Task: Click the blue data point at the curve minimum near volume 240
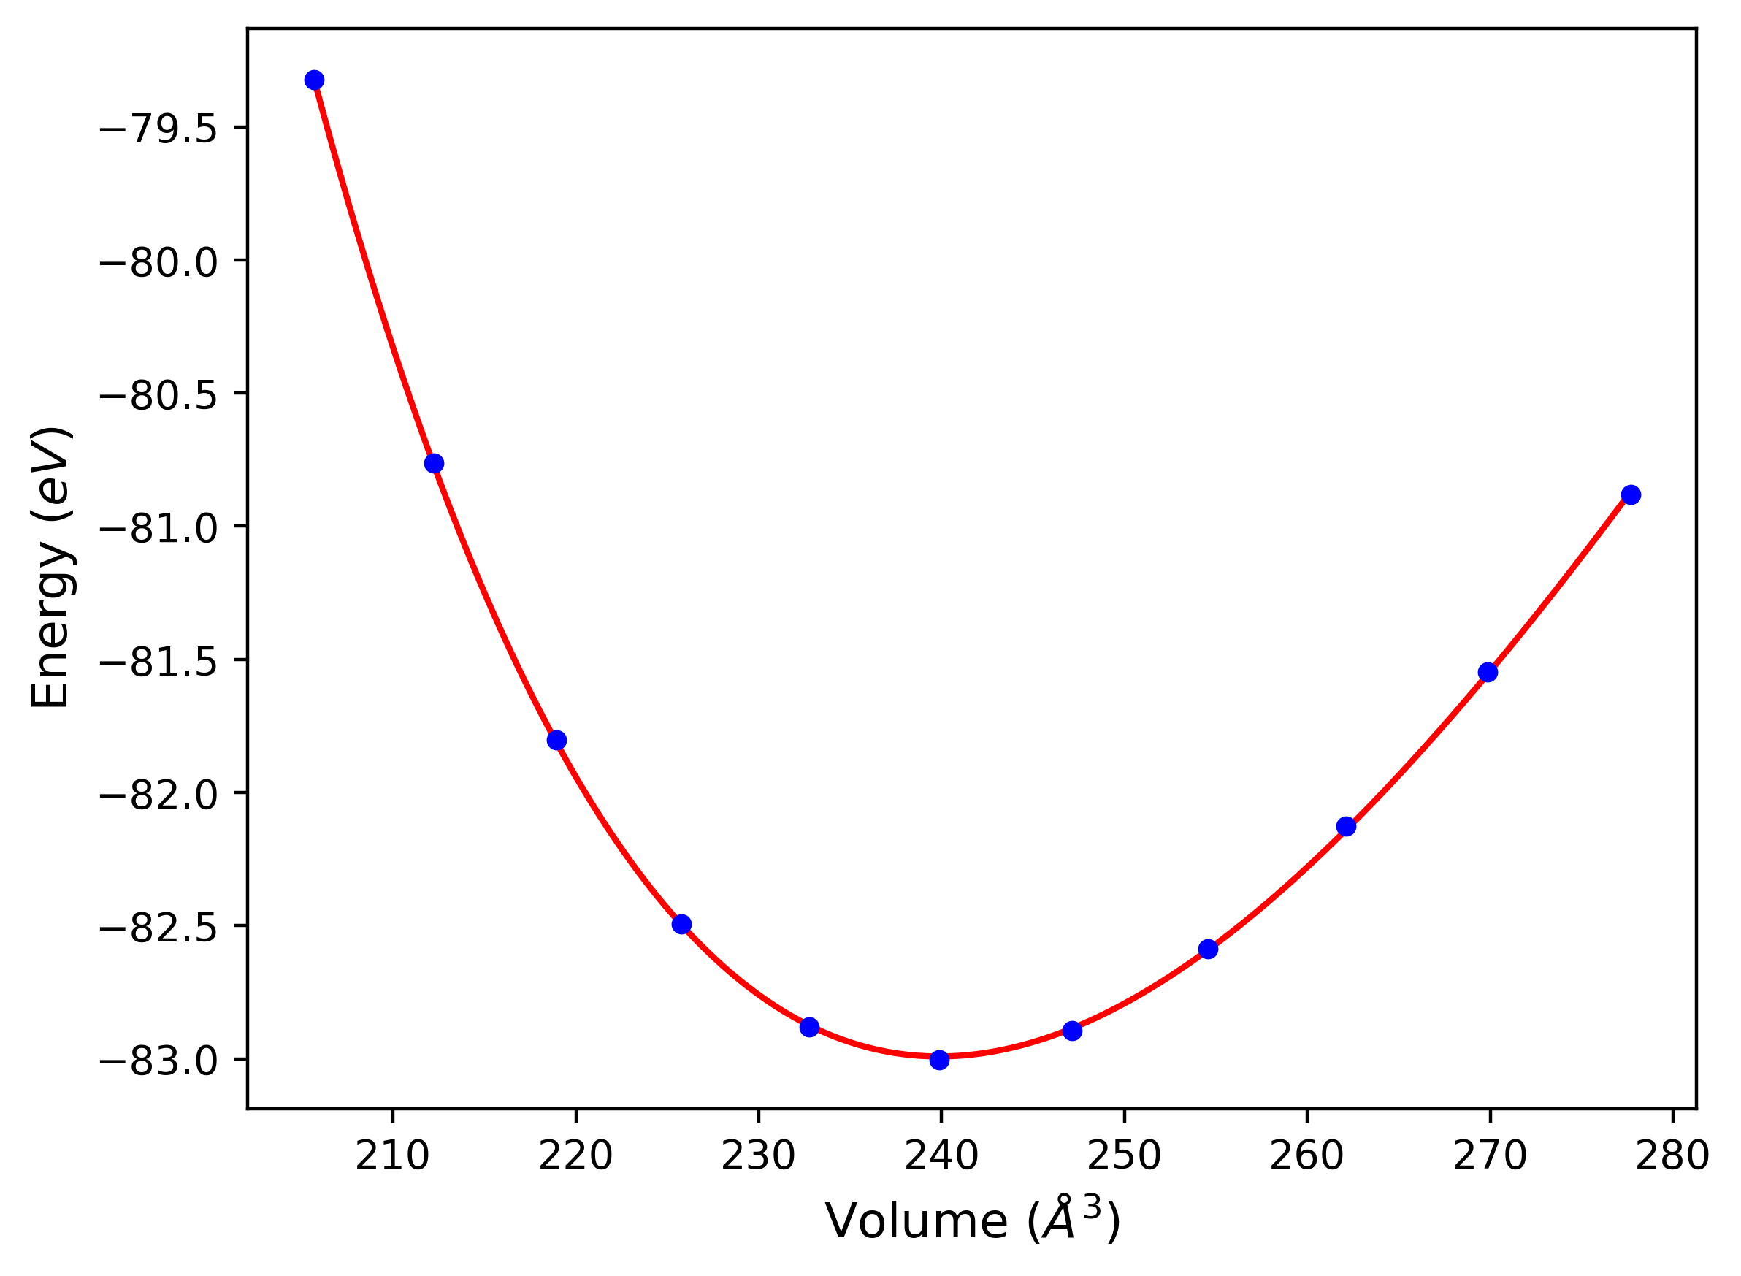tap(939, 1060)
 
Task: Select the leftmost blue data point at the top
tap(314, 80)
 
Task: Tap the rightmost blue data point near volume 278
tap(1631, 495)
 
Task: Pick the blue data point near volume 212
tap(434, 464)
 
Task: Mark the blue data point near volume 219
tap(556, 740)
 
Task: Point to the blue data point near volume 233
tap(809, 1027)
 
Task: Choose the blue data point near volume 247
tap(1072, 1031)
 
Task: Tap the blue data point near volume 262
tap(1347, 827)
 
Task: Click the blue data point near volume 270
tap(1488, 672)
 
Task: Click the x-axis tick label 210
tap(392, 1157)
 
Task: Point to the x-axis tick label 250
tap(1124, 1157)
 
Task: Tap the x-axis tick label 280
tap(1672, 1157)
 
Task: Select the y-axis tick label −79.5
tap(158, 130)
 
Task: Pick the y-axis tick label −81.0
tap(158, 529)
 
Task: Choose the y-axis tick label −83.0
tap(158, 1062)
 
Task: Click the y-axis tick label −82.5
tap(158, 928)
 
